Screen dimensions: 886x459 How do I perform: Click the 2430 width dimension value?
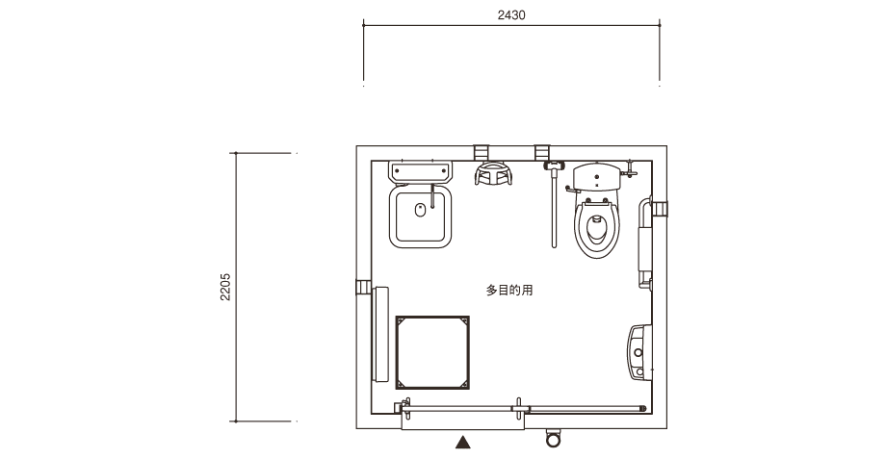[x=510, y=15]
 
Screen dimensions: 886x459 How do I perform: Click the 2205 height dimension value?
[x=225, y=287]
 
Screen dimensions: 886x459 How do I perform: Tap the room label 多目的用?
[x=509, y=291]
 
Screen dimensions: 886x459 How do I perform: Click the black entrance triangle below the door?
[x=463, y=442]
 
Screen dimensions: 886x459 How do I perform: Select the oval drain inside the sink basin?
[x=420, y=210]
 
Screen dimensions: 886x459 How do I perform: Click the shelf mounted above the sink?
[x=421, y=172]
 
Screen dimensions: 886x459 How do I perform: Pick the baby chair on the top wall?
[x=493, y=173]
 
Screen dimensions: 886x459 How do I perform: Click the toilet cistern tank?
[x=597, y=177]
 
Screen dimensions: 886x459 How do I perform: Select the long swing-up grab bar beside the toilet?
[x=555, y=204]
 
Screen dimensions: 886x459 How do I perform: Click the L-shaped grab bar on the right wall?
[x=644, y=242]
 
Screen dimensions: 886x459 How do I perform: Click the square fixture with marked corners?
[x=432, y=353]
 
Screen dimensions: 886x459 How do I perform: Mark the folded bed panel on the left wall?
[x=380, y=334]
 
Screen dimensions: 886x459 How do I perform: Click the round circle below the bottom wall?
[x=553, y=439]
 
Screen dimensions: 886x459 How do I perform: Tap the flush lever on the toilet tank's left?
[x=572, y=191]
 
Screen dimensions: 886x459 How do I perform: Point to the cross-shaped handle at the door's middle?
[x=519, y=409]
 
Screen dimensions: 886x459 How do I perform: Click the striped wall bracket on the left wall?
[x=363, y=287]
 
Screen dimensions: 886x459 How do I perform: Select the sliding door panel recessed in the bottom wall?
[x=463, y=421]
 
